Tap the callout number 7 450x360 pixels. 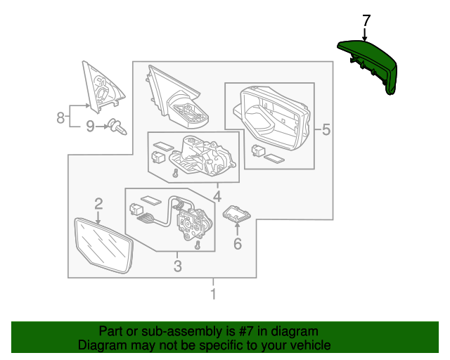pos(366,20)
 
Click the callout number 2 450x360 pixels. pos(98,204)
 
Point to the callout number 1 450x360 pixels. pos(213,295)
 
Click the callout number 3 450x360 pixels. pos(177,266)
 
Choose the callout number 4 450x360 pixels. pos(217,195)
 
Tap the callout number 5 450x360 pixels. pos(326,129)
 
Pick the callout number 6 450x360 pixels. pos(237,244)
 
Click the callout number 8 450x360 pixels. pos(61,117)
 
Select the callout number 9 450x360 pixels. pos(89,127)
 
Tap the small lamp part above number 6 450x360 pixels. pos(237,213)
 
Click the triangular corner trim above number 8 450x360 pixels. pos(101,85)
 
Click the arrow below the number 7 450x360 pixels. pos(366,34)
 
